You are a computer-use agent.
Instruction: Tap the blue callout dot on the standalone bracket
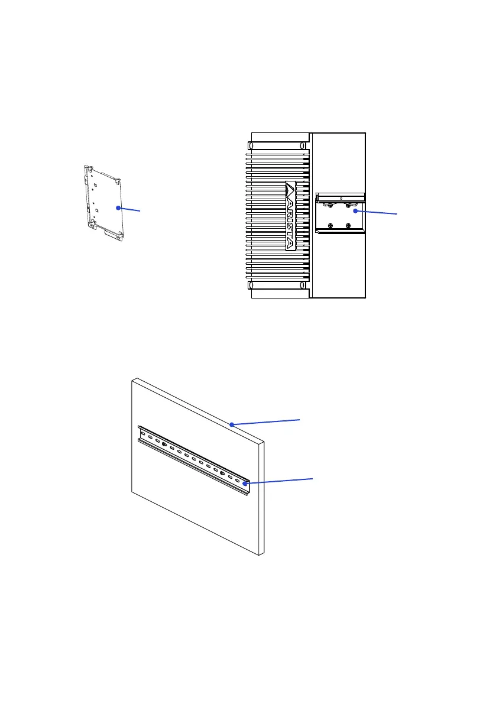pos(118,208)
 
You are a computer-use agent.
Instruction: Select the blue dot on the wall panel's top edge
pos(232,424)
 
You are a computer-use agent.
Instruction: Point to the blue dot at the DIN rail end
pos(242,484)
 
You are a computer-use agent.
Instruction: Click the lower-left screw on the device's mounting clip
pos(331,225)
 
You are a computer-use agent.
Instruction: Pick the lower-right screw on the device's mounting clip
pos(348,225)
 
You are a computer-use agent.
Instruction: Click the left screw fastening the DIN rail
pos(164,444)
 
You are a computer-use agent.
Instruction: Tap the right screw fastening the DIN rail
pos(222,473)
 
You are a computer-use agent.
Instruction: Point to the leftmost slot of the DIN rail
pos(144,433)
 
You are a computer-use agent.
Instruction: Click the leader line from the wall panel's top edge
pos(266,421)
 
